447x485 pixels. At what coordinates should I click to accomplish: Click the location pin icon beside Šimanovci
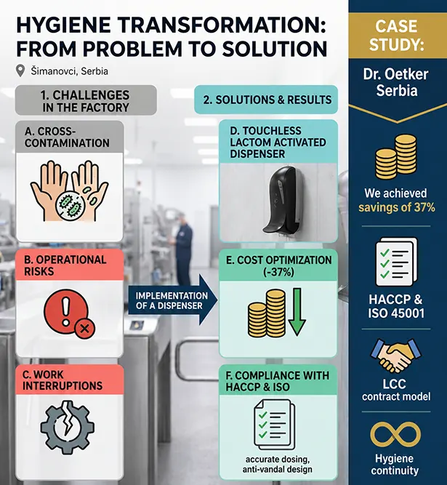pos(20,71)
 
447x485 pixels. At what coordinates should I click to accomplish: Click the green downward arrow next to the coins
pos(297,311)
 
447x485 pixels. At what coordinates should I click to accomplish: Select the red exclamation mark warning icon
pos(69,313)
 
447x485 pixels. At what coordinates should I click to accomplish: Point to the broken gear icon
pos(68,428)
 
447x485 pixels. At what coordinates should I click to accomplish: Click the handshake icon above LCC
pos(395,356)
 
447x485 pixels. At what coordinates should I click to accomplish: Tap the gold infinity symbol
pos(395,435)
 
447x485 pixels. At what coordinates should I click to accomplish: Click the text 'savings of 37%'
pos(397,207)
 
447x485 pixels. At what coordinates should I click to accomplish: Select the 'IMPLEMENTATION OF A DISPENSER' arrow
pos(173,300)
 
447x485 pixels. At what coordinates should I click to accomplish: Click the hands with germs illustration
pos(69,191)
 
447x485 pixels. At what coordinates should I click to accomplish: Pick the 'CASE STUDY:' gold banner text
pos(396,35)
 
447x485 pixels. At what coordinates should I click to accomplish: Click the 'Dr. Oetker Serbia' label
pos(396,82)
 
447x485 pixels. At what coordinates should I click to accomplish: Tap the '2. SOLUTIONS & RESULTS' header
pos(267,100)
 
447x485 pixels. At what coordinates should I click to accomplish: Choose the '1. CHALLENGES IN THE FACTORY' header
pos(86,101)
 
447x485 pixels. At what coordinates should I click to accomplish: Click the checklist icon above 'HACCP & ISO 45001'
pos(396,262)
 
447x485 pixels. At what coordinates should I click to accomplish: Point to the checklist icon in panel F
pos(274,425)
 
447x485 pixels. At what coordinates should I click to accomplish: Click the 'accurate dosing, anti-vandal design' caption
pos(277,464)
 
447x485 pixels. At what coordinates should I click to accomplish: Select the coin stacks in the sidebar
pos(395,158)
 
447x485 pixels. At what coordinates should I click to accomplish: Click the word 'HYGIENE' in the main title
pos(63,25)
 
